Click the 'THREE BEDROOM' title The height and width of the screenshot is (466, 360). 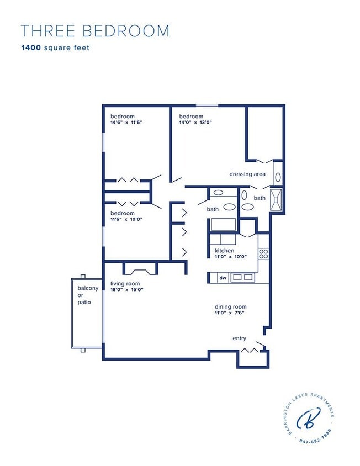[95, 31]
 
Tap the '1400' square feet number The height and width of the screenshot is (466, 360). [30, 47]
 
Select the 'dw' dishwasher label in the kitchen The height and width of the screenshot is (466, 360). [223, 278]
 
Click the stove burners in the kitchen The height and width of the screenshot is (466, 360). [264, 254]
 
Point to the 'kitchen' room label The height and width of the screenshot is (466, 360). [225, 250]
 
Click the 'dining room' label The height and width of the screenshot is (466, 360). [231, 306]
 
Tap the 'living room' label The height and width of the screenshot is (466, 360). [125, 283]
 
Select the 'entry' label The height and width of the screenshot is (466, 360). [240, 338]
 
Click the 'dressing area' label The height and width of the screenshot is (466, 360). [247, 174]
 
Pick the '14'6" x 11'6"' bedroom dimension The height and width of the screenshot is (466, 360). [126, 122]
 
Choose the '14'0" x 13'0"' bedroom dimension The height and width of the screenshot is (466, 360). [195, 122]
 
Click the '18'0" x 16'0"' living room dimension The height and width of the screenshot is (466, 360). [126, 289]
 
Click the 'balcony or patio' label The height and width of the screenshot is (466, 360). [88, 295]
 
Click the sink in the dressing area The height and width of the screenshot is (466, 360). [278, 177]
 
